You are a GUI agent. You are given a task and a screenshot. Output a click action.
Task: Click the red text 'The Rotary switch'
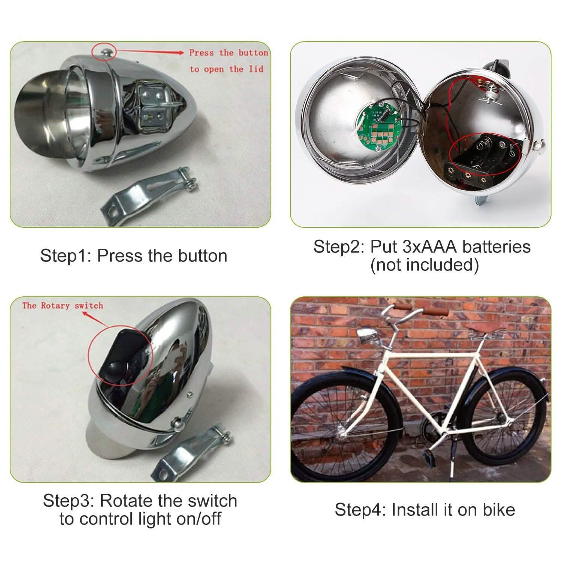[62, 306]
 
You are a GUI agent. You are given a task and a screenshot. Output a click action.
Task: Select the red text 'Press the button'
[228, 53]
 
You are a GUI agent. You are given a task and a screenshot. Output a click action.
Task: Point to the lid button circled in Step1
[104, 52]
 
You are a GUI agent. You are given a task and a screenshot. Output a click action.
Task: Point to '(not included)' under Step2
[424, 265]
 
